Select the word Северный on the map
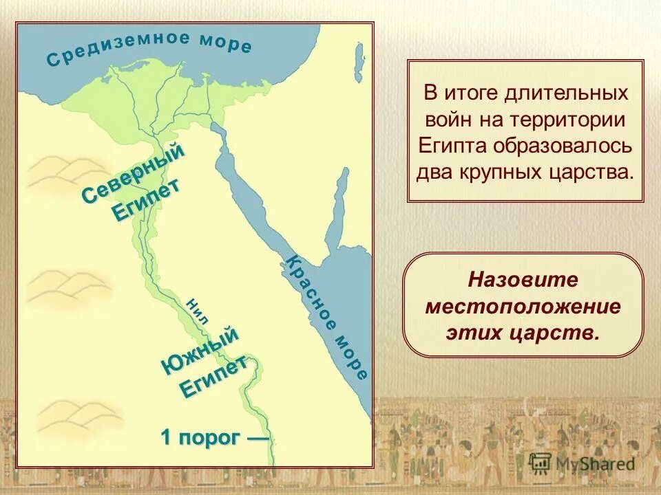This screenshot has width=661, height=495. tap(134, 172)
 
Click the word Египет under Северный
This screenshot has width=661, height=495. tap(147, 200)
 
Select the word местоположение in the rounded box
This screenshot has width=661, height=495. tap(523, 306)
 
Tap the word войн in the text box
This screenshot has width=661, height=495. tap(449, 120)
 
